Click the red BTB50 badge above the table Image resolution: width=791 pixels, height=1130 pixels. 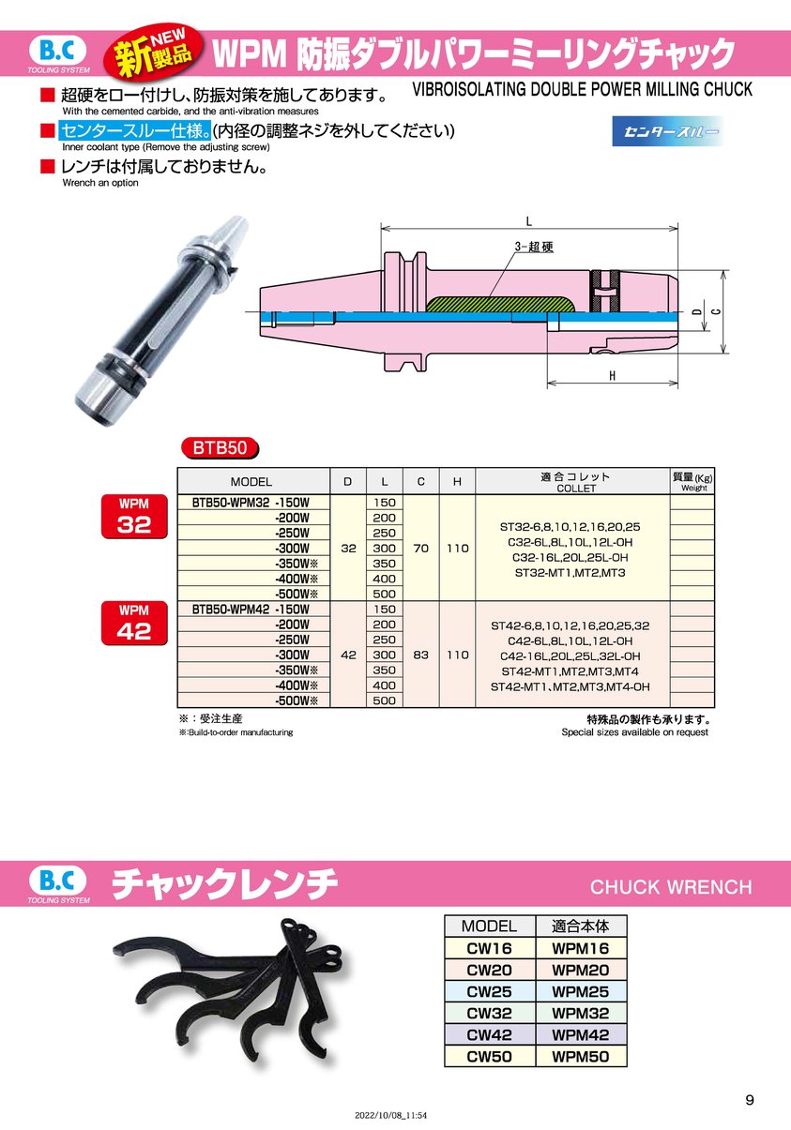(x=220, y=447)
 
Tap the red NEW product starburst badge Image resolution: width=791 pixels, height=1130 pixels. (x=153, y=53)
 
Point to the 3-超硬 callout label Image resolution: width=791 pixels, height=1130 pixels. (x=534, y=247)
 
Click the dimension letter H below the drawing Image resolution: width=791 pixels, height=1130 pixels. (x=613, y=376)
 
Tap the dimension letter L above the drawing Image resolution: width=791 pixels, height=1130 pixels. (x=528, y=221)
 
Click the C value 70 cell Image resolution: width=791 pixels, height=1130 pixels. (x=421, y=548)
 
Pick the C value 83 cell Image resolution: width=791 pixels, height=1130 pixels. (x=421, y=655)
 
